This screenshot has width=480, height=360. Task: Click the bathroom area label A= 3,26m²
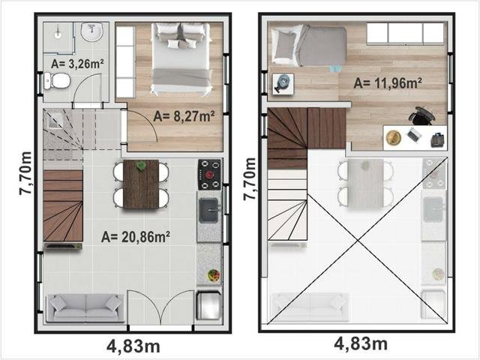pos(77,64)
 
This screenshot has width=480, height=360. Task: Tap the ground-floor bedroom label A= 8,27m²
pos(184,116)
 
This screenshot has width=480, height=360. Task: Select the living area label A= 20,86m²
pos(136,237)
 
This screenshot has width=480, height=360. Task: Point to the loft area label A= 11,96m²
pos(388,82)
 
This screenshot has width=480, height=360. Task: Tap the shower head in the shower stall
pos(58,34)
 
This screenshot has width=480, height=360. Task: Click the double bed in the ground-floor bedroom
pos(181,58)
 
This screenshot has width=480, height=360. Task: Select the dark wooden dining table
pos(141,184)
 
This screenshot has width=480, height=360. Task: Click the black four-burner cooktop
pos(209,175)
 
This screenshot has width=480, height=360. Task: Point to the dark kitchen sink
pos(208,210)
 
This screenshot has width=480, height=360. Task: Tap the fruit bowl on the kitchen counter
pos(214,275)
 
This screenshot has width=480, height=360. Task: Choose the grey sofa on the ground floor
pos(85,307)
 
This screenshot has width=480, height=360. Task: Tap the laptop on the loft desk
pos(413,135)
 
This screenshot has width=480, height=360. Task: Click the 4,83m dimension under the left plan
pos(133,346)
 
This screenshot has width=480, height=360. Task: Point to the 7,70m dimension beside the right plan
pos(249,179)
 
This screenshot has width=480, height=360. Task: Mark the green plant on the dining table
pos(141,166)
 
